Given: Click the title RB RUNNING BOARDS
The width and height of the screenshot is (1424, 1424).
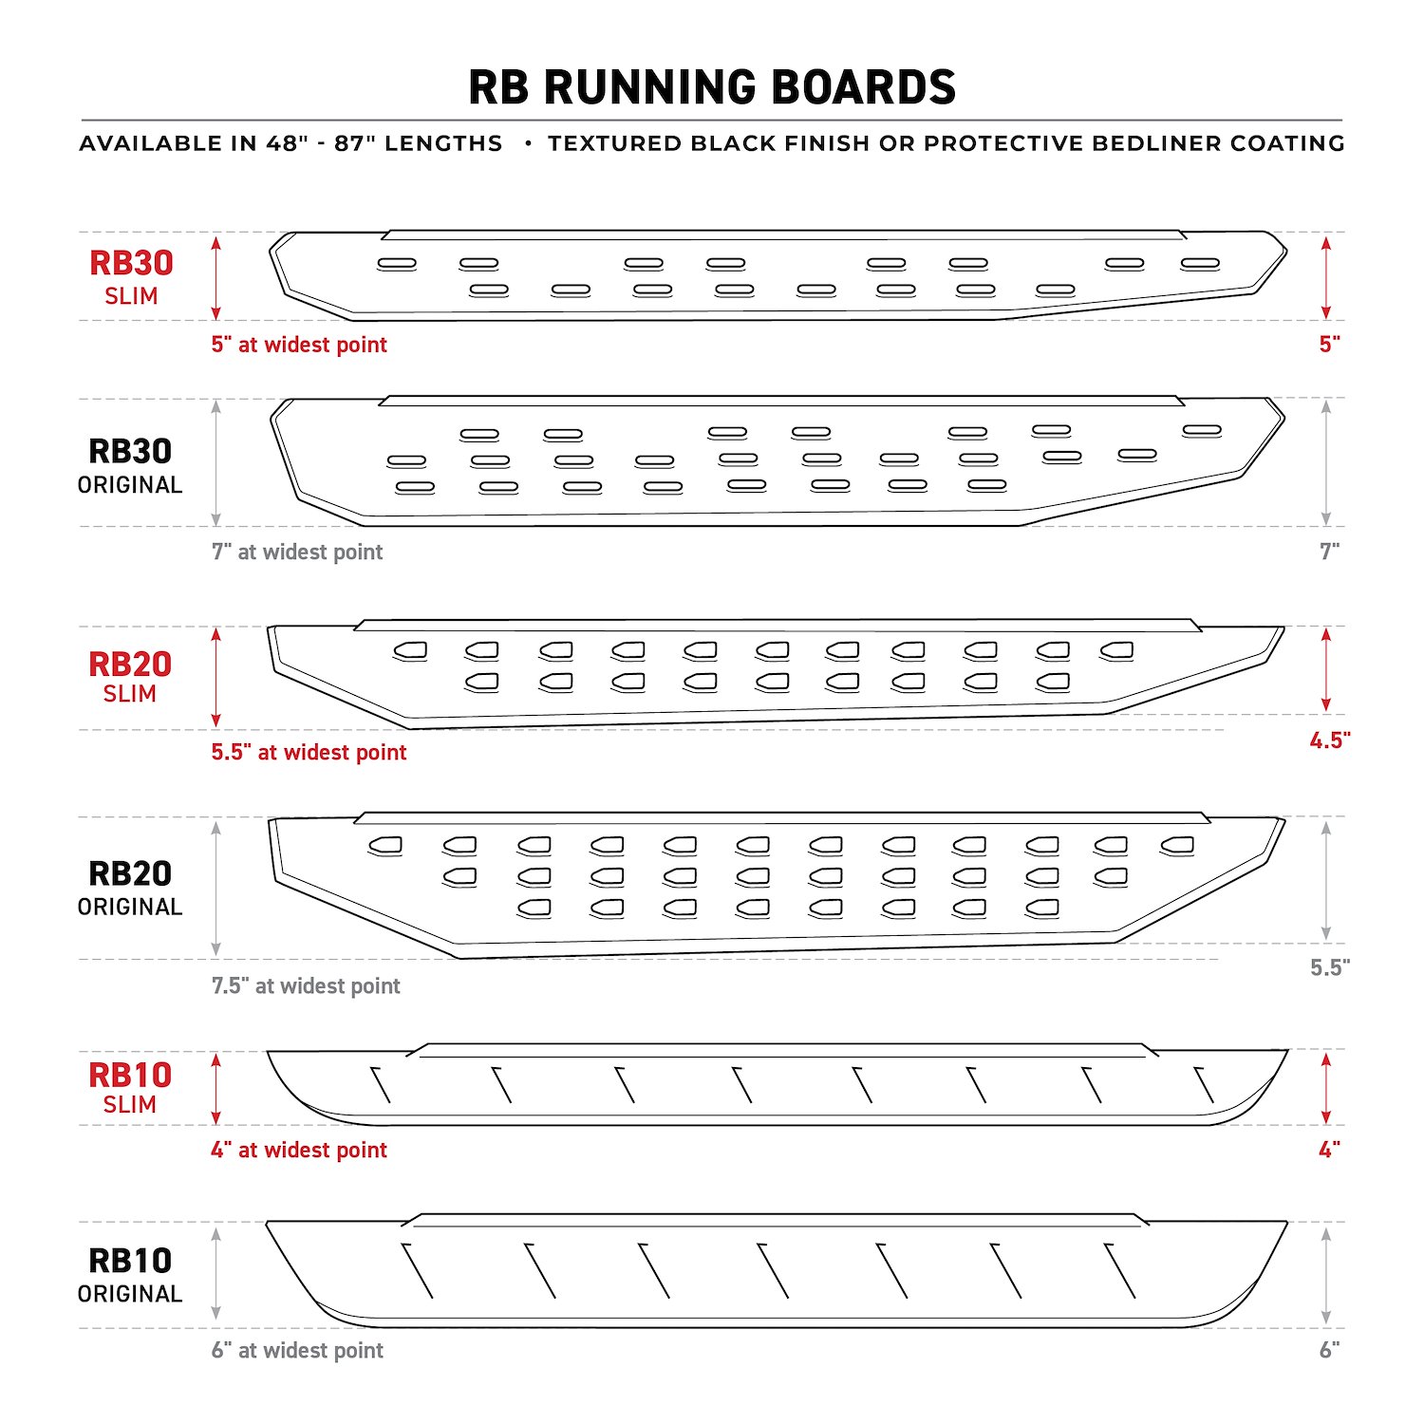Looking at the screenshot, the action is [712, 87].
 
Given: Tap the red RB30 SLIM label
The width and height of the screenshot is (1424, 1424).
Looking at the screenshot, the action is [131, 277].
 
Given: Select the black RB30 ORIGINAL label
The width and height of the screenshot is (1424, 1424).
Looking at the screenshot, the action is [130, 466].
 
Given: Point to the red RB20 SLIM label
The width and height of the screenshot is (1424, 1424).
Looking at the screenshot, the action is [130, 677].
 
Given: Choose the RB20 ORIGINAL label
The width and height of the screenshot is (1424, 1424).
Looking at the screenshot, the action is [130, 889].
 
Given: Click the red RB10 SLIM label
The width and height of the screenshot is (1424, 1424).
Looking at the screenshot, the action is [130, 1088].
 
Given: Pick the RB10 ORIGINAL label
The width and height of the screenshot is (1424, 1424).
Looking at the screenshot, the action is [130, 1275].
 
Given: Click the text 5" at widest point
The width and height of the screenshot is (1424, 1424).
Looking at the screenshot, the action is [299, 345].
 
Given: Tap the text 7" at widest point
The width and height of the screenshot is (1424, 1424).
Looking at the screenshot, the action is [297, 552].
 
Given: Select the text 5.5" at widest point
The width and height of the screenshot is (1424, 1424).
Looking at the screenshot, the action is [309, 752].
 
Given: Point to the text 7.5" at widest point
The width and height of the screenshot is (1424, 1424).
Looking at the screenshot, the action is [306, 985].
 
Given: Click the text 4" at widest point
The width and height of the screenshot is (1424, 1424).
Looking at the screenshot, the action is [299, 1150].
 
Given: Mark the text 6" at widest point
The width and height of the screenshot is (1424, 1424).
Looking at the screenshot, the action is [297, 1350].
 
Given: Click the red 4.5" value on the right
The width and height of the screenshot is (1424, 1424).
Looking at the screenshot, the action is [1330, 740].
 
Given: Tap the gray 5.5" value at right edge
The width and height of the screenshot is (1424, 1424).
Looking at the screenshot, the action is [1330, 967].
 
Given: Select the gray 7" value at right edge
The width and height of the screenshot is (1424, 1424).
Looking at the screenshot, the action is [1330, 552].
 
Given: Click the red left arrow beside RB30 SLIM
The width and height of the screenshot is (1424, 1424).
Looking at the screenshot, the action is [216, 277].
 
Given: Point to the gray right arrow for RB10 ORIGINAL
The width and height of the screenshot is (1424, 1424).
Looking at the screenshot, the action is [1326, 1275].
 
